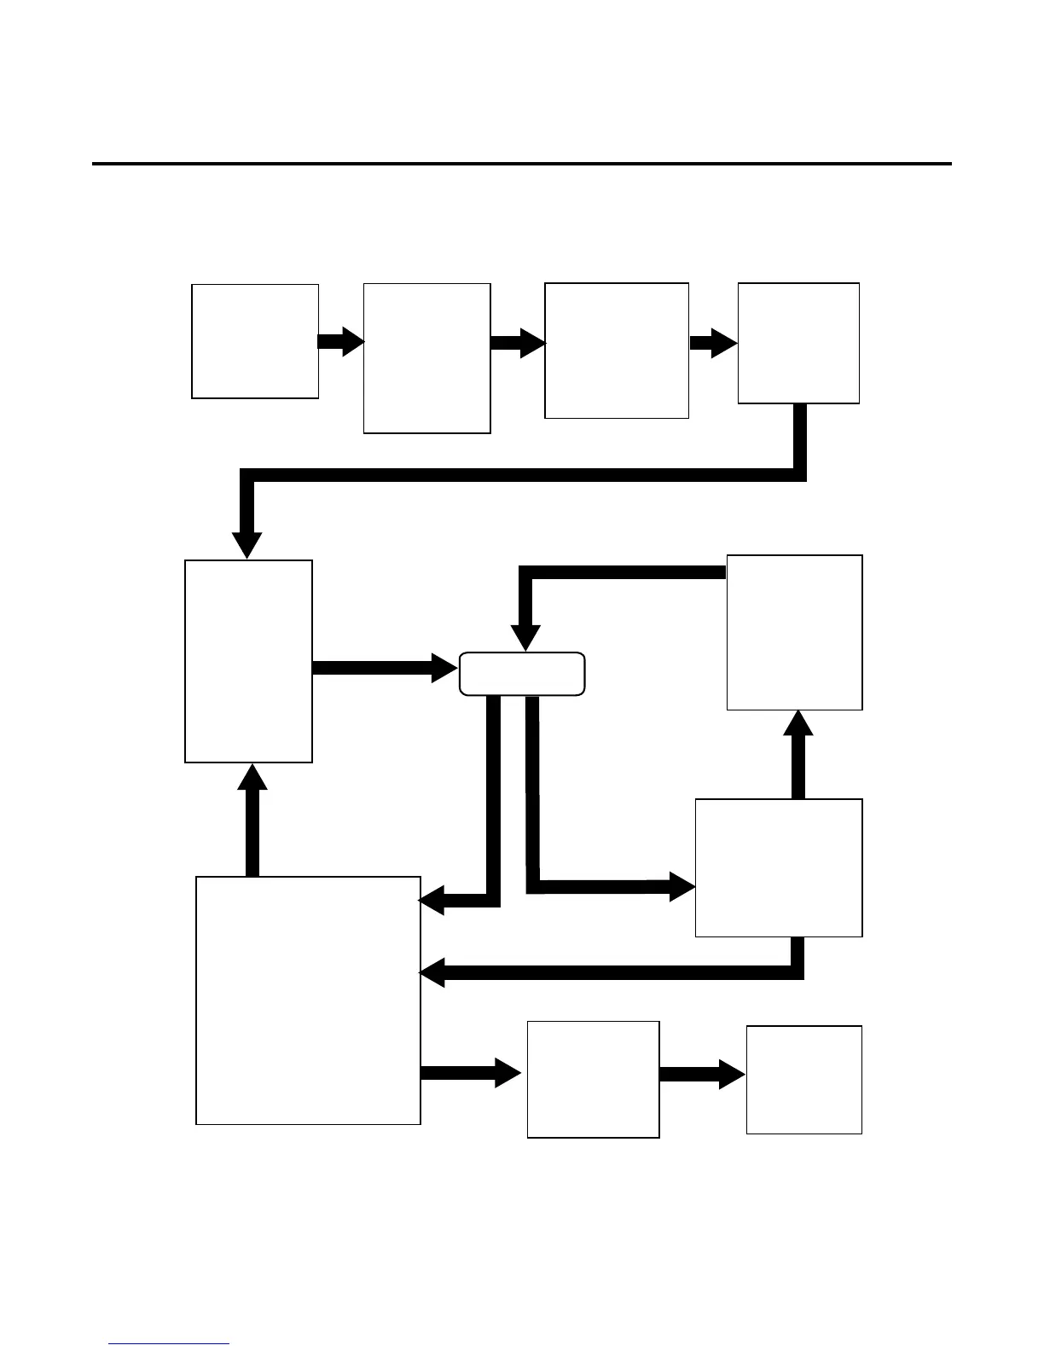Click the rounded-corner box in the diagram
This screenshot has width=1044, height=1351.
pos(522,674)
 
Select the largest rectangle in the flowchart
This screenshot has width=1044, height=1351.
pos(308,1000)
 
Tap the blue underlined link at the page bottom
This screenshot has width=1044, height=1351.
pos(169,1343)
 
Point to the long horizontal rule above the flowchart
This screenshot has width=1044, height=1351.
pos(521,163)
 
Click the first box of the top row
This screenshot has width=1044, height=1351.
pos(255,341)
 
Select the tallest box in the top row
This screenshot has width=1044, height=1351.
pos(426,358)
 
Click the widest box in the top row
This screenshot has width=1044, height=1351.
pos(616,350)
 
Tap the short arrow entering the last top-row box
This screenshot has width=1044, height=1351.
pos(713,344)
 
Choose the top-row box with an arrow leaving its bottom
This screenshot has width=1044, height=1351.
pos(797,343)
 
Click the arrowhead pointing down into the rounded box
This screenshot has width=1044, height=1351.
pos(525,638)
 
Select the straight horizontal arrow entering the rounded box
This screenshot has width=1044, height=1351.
pos(384,668)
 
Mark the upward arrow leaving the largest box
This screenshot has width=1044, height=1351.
pos(252,819)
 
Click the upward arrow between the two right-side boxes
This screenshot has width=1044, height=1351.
pos(797,755)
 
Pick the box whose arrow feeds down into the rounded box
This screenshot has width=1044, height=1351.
pos(794,632)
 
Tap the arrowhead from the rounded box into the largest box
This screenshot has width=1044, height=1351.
pos(432,901)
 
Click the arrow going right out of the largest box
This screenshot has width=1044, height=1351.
pos(469,1073)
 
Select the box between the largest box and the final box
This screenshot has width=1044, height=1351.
pos(593,1079)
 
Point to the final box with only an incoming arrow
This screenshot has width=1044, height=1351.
pos(803,1079)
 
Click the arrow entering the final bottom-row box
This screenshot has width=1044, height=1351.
pos(702,1075)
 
